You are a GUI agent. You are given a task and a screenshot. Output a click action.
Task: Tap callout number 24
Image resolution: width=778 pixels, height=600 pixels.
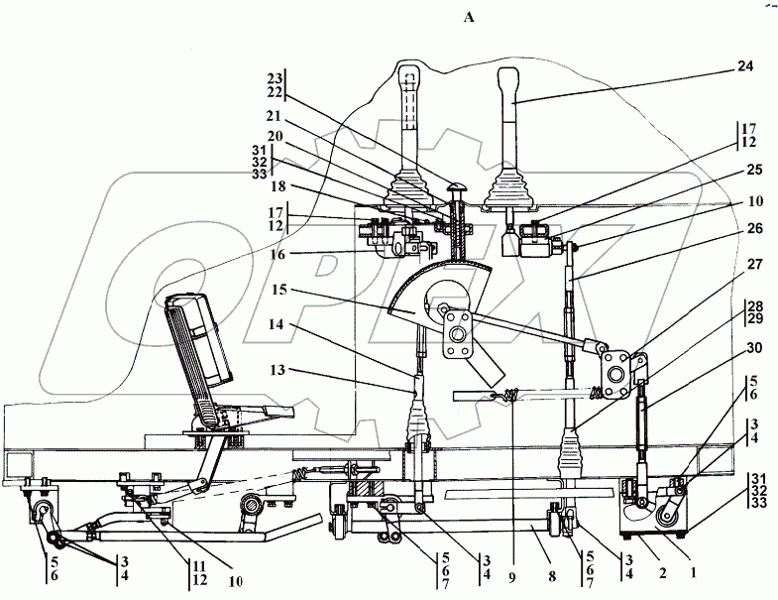click(744, 67)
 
